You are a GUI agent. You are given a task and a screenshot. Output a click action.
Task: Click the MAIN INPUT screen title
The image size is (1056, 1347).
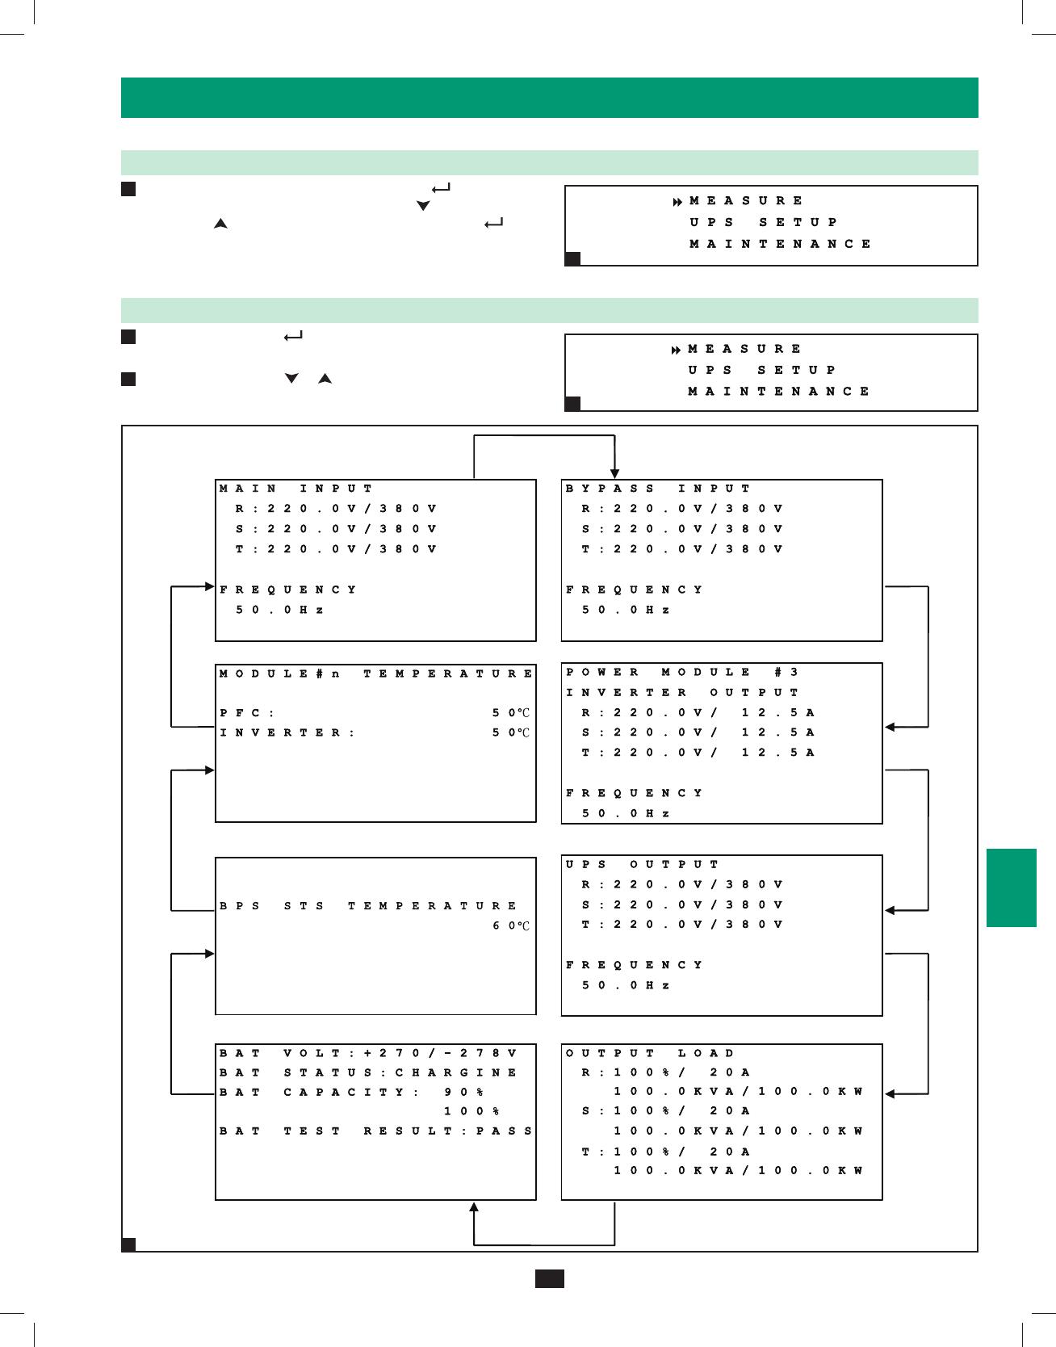click(295, 489)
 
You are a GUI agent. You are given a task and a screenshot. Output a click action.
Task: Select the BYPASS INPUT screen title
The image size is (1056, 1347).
click(658, 489)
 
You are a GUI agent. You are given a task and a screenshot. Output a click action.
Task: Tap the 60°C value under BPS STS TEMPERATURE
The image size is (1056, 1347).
click(511, 925)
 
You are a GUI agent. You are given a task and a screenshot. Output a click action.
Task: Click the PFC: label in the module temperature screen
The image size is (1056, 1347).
click(247, 713)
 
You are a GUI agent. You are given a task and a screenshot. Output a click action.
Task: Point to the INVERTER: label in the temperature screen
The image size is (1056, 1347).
click(287, 733)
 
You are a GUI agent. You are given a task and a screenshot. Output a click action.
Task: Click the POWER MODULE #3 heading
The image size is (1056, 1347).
click(682, 672)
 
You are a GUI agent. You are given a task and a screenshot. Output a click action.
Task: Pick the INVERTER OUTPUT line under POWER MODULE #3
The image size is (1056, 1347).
click(682, 692)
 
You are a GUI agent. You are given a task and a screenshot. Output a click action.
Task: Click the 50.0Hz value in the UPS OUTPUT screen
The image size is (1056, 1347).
click(626, 985)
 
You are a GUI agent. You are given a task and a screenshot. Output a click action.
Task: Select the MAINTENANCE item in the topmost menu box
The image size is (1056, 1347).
click(780, 244)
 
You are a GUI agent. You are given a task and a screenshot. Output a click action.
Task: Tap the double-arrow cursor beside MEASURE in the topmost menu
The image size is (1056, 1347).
click(678, 201)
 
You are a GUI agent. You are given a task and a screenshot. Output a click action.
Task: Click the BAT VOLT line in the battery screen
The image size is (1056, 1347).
click(368, 1053)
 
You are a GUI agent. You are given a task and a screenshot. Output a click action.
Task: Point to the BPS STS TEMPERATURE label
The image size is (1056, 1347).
click(368, 906)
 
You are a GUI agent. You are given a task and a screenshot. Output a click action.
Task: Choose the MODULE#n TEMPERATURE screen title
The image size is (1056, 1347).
click(375, 673)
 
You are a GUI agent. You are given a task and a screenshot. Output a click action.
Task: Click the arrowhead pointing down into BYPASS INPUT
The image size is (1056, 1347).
click(615, 474)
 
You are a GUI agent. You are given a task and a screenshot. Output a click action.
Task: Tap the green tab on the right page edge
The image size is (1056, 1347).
click(1011, 888)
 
